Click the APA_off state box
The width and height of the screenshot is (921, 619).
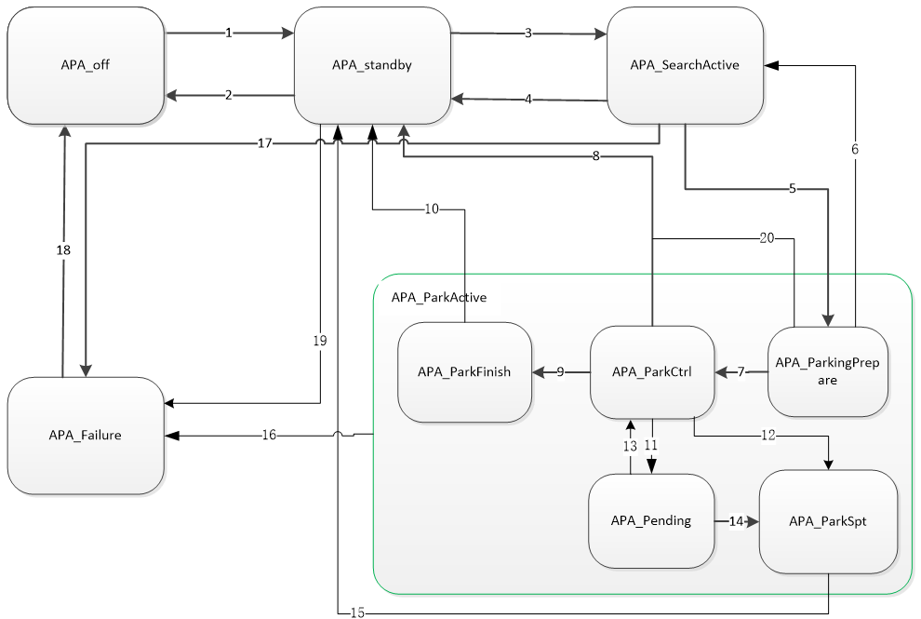(86, 65)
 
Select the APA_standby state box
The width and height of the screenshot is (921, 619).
(372, 65)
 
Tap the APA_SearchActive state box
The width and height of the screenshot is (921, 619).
(685, 65)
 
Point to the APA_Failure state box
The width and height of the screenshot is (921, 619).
(86, 435)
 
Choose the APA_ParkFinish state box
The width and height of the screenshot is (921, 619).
(464, 372)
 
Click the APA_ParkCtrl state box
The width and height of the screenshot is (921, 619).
(651, 372)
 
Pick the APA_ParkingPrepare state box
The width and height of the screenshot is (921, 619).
(827, 372)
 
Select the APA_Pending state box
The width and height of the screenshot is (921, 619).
(651, 521)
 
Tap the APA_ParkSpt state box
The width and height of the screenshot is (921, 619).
(828, 521)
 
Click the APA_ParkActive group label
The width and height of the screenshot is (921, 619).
(439, 298)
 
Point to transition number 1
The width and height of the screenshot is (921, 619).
(229, 34)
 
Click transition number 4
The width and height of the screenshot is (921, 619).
(528, 100)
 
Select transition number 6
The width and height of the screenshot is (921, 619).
(855, 149)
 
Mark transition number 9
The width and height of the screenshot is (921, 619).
(561, 372)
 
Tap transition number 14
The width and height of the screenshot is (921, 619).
(737, 521)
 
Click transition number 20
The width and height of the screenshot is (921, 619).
(767, 238)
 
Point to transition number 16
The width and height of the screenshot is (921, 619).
(270, 435)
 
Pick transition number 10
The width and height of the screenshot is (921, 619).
(431, 209)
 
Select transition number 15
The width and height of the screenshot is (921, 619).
(358, 612)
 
